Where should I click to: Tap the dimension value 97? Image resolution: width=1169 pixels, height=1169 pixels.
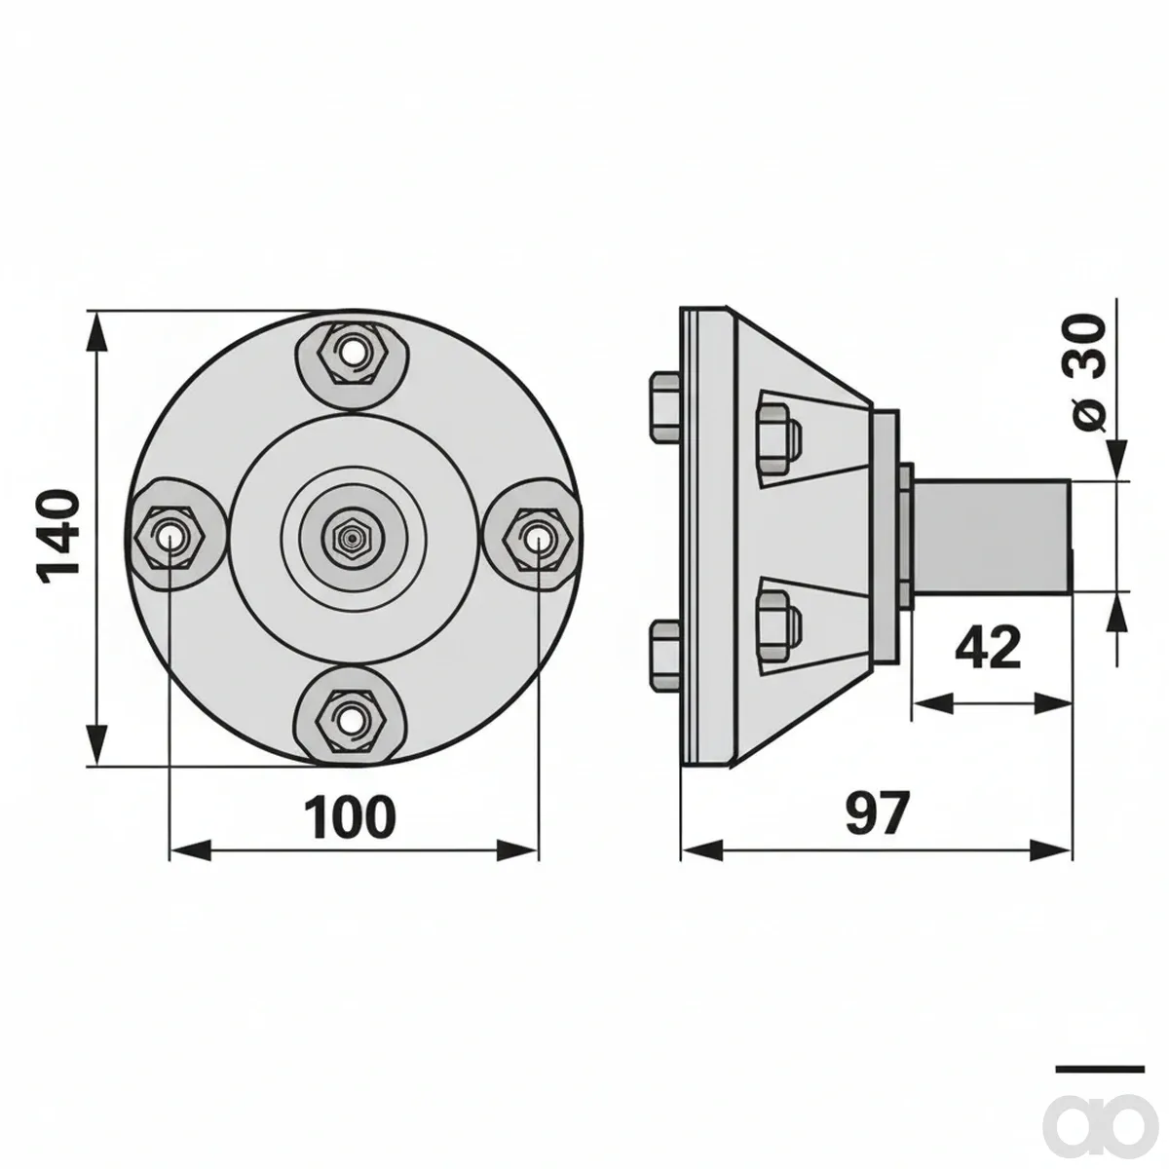878,812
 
